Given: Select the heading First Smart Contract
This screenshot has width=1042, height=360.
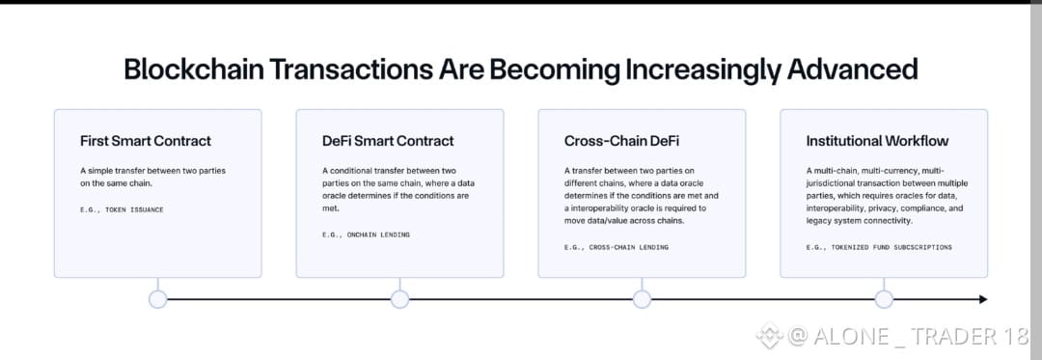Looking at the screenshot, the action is click(x=146, y=141).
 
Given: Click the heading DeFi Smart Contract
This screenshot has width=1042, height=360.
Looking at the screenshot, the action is click(x=388, y=141).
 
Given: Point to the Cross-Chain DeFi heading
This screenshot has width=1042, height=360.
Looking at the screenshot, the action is click(x=622, y=141).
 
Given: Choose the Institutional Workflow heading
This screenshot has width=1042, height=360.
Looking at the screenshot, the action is click(x=877, y=141).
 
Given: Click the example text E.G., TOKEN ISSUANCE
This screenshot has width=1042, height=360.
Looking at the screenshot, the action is click(x=122, y=209).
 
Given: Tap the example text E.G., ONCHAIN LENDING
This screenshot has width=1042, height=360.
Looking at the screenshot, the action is click(x=366, y=235).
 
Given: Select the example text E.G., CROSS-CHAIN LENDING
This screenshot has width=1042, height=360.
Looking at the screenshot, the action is click(x=616, y=247).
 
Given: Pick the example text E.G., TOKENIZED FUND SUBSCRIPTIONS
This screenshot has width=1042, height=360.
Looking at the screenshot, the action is click(x=879, y=247).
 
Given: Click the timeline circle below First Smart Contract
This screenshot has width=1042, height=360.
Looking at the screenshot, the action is click(x=157, y=299).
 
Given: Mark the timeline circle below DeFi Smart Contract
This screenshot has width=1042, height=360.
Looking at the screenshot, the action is click(x=399, y=299).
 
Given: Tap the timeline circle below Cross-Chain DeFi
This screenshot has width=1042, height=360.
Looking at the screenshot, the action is click(x=642, y=299).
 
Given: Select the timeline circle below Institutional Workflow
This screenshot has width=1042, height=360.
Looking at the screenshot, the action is click(x=884, y=299).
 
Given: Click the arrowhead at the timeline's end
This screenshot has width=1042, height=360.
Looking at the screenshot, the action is click(x=983, y=299).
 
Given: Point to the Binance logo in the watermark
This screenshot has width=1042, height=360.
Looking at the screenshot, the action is click(x=770, y=336).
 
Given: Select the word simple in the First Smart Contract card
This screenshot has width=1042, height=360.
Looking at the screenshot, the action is click(x=99, y=172).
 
